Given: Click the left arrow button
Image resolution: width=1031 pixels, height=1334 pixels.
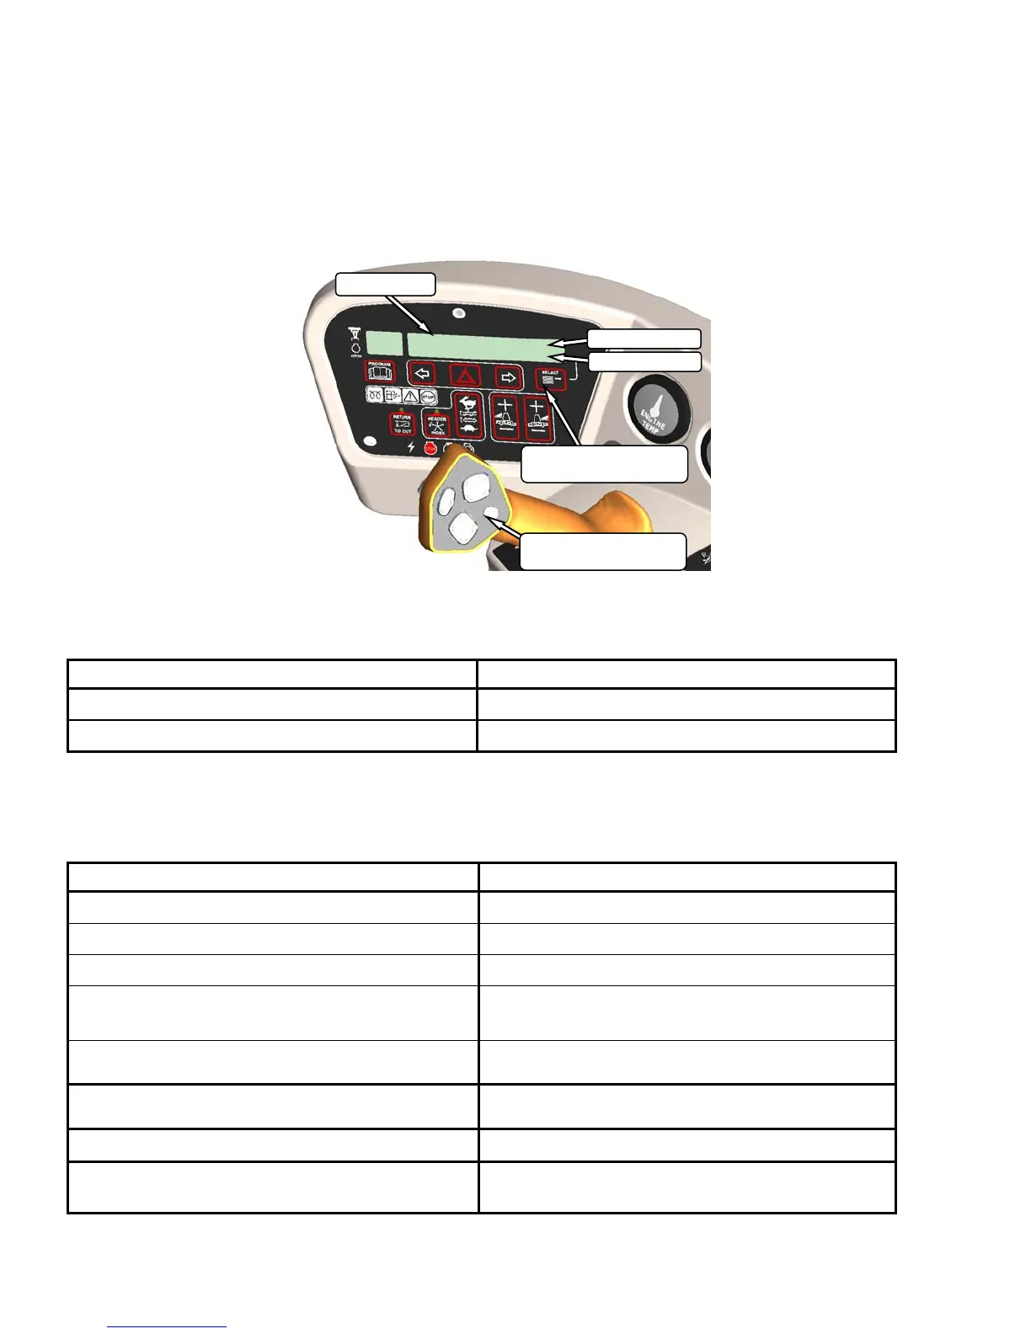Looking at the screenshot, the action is point(422,373).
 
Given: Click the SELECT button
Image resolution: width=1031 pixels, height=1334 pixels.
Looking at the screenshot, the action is point(551,380).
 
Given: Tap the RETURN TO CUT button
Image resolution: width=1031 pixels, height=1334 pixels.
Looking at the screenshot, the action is point(402,423).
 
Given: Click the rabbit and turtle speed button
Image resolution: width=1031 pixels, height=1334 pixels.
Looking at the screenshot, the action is point(468,415).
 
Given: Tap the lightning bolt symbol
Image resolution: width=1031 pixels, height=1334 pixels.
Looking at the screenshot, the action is point(411,447).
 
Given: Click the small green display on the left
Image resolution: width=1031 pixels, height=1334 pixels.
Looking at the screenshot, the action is point(383,343).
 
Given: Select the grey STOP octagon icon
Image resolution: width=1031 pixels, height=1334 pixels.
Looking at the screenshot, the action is point(427,395).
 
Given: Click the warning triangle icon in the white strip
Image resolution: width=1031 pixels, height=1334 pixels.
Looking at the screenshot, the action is point(410,395).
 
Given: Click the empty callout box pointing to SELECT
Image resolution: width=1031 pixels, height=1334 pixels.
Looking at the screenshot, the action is point(604,464).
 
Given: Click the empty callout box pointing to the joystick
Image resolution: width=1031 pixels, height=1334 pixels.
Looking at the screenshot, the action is point(602,552).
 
